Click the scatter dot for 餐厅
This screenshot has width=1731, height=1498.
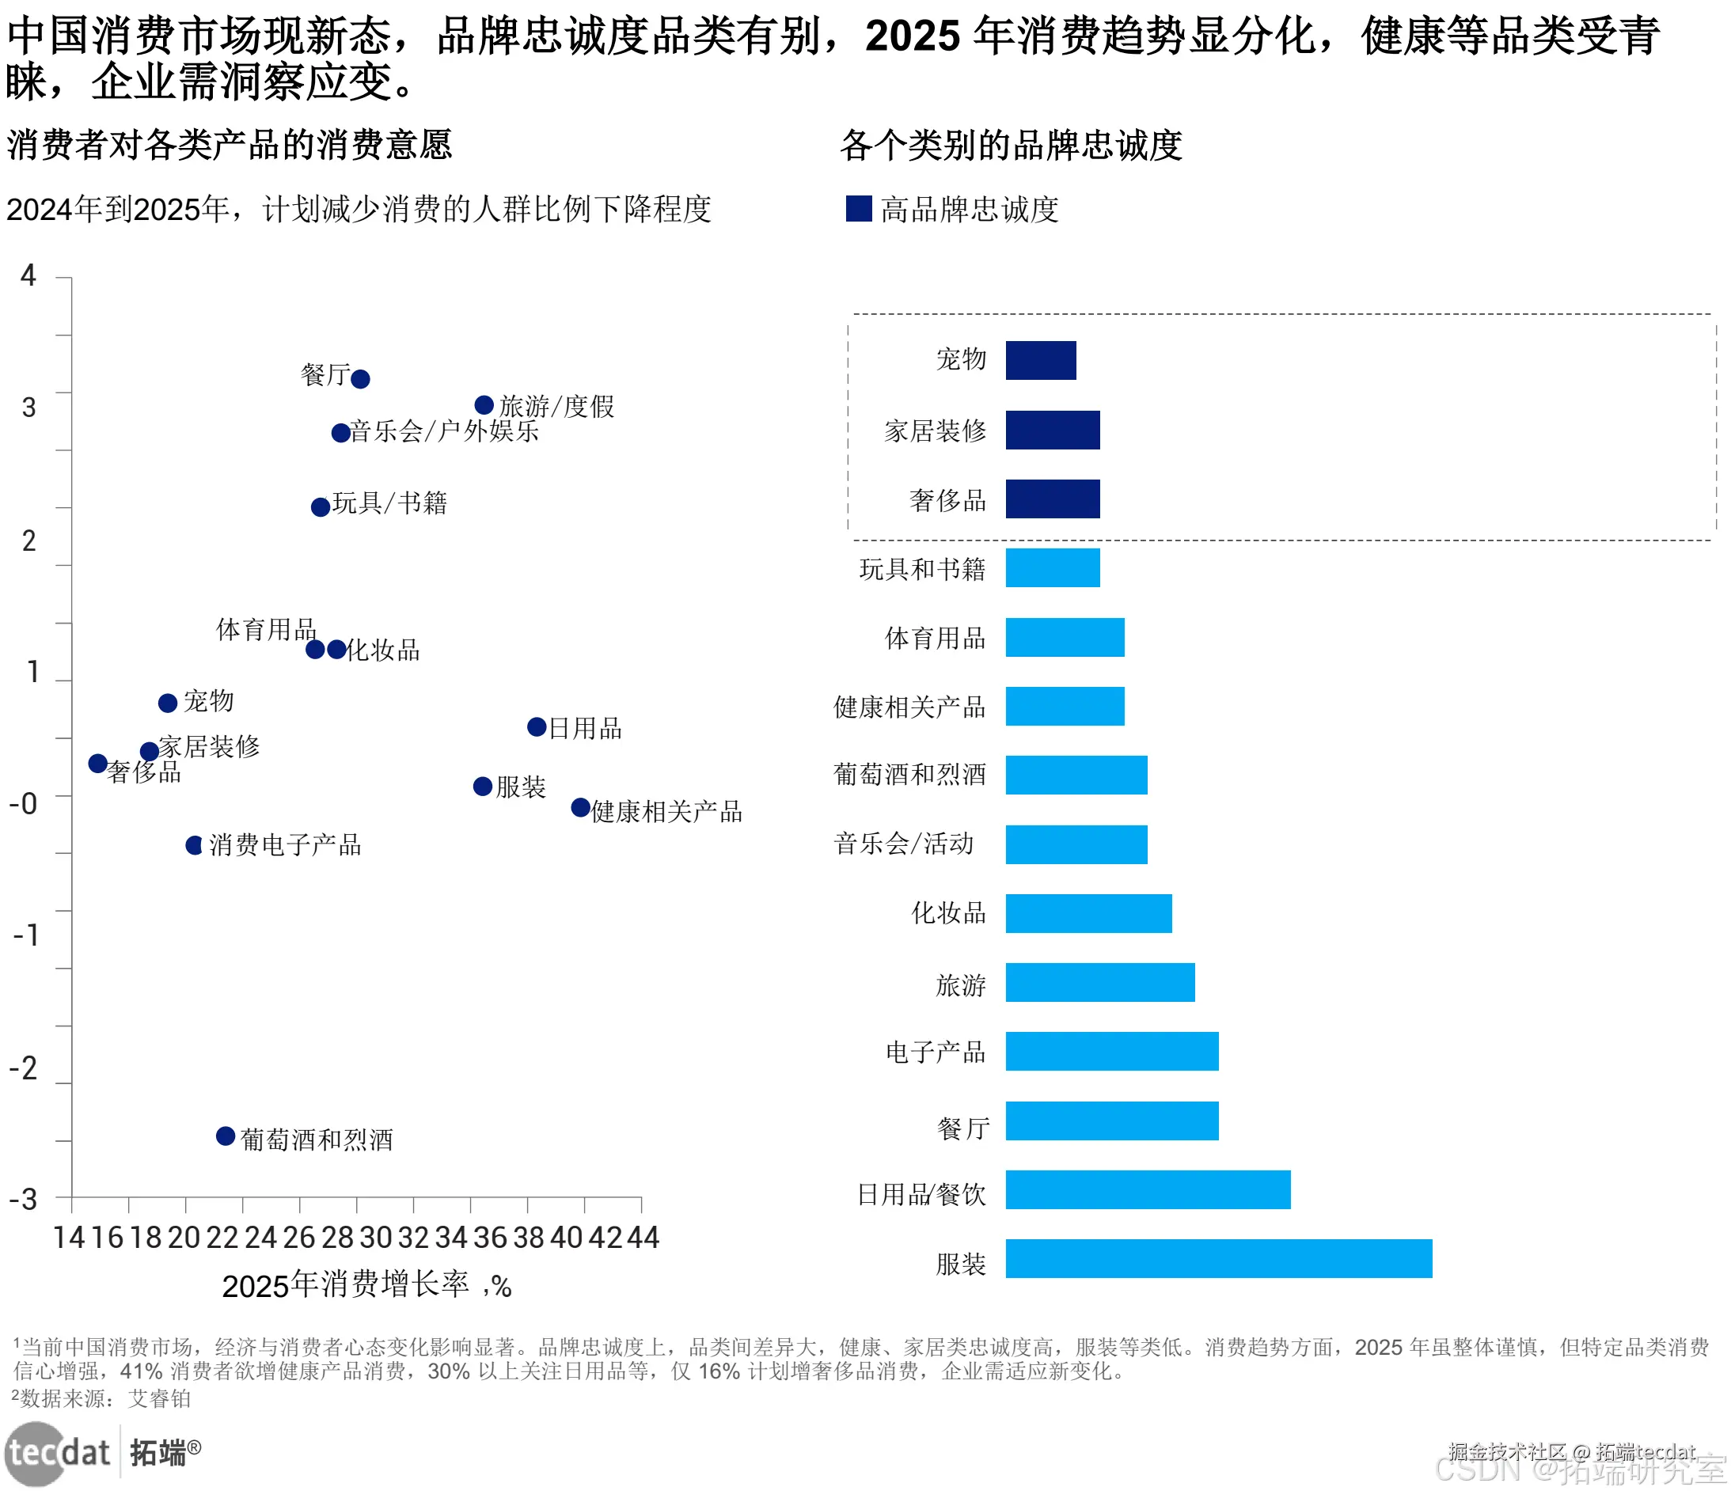(x=359, y=379)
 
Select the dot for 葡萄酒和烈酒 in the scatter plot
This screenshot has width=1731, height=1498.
(x=225, y=1136)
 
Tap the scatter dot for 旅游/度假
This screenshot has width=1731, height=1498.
(x=484, y=405)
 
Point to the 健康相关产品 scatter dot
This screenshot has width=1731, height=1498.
(x=579, y=806)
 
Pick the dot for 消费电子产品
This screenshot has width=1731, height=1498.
(x=194, y=845)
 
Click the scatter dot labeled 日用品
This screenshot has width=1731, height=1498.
(x=536, y=726)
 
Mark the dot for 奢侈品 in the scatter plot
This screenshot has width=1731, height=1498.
(x=98, y=763)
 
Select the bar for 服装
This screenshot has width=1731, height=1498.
(x=1217, y=1258)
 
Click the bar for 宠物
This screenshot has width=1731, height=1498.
(x=1039, y=360)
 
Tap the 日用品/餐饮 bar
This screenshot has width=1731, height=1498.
(x=1148, y=1189)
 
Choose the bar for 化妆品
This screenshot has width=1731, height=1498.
(x=1088, y=913)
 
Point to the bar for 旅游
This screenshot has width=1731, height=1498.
(x=1099, y=982)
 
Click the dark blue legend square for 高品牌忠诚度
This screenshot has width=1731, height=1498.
(x=858, y=209)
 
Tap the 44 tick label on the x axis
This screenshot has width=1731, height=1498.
(x=643, y=1237)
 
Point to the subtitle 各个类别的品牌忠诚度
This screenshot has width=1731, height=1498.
(x=1010, y=146)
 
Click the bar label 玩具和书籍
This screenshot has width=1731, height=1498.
(x=921, y=569)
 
